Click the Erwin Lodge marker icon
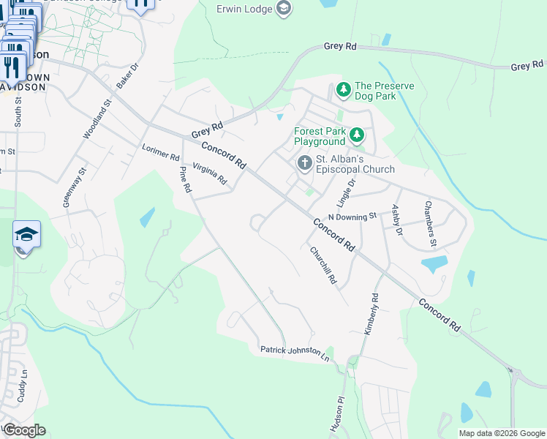284,10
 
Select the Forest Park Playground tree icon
356,135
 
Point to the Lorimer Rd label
160,151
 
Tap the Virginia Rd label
210,173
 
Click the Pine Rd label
185,179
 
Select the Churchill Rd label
322,265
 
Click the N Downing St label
352,217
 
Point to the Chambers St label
431,224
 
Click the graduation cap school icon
26,234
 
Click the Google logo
24,430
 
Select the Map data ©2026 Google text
501,433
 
